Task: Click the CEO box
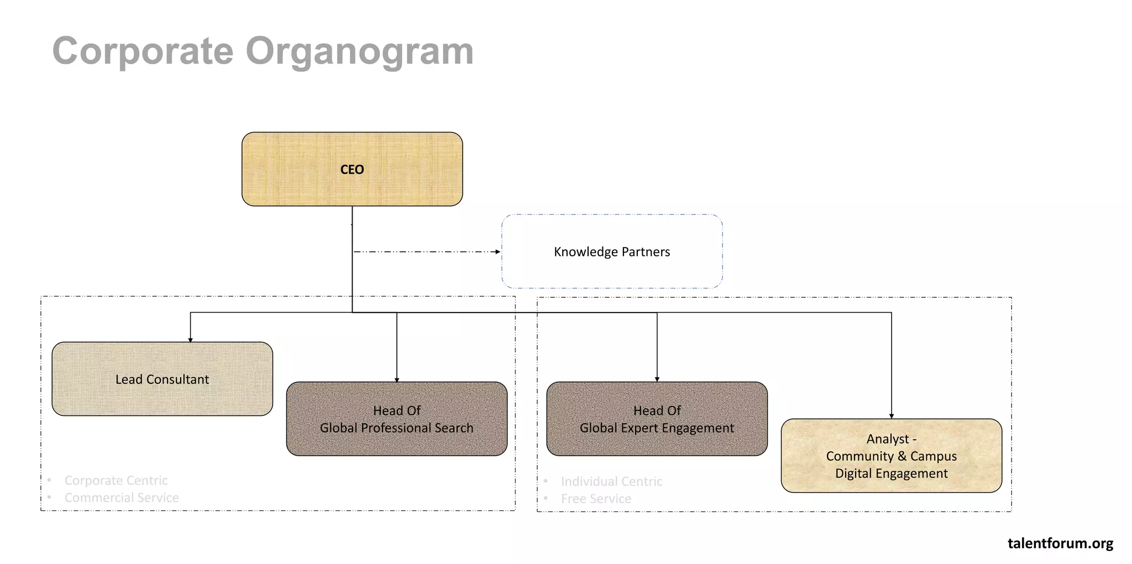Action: click(x=352, y=169)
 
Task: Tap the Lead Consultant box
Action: click(x=162, y=379)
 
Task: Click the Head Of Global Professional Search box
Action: click(x=396, y=419)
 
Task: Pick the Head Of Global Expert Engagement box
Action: click(x=657, y=419)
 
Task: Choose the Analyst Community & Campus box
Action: click(x=891, y=456)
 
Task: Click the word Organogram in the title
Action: click(x=359, y=51)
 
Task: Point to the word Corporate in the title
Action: click(x=143, y=51)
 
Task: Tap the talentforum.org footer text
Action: click(x=1060, y=543)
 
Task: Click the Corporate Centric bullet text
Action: click(x=116, y=481)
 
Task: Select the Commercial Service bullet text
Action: click(x=122, y=498)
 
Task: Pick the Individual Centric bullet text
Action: click(x=611, y=482)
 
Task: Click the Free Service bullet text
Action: click(x=596, y=499)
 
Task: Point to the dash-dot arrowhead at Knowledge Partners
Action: click(x=498, y=252)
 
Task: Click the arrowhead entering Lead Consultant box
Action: click(x=190, y=340)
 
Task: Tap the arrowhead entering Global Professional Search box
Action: click(x=397, y=379)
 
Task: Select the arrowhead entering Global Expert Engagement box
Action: click(x=657, y=379)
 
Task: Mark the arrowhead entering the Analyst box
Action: click(x=892, y=416)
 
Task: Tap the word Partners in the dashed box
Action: click(x=646, y=252)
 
